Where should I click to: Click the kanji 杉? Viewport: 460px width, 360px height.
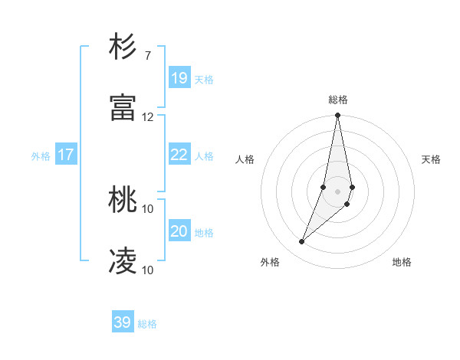coord(123,48)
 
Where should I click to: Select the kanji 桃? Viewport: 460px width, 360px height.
coord(123,201)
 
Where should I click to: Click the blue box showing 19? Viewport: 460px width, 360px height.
coord(179,77)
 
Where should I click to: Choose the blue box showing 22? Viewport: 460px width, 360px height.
coord(179,155)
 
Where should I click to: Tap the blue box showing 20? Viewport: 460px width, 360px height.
coord(179,231)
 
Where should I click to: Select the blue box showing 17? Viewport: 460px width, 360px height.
coord(66,155)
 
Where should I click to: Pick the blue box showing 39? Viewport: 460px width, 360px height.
coord(123,322)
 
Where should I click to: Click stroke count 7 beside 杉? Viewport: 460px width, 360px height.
coord(147,56)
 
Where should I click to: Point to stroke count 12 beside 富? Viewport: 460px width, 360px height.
coord(148,116)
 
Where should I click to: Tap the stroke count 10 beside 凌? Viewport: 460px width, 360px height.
coord(148,270)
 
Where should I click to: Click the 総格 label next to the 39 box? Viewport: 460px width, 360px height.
coord(147,324)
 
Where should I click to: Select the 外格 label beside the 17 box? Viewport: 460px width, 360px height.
coord(41,156)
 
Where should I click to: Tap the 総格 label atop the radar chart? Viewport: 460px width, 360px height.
coord(338,100)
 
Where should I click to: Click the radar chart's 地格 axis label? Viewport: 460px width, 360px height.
coord(402,262)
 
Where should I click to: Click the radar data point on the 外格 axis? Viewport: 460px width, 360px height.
coord(302,242)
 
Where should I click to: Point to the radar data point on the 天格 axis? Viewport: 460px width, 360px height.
coord(352,188)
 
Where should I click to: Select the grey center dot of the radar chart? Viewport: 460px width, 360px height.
coord(338,191)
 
